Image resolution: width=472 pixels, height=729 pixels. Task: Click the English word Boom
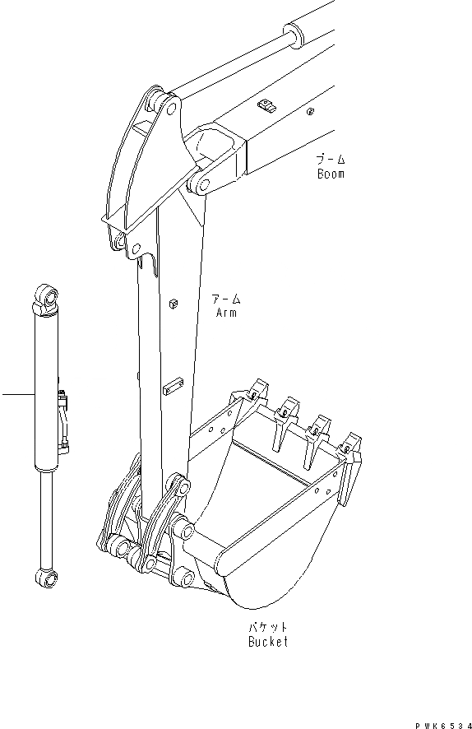331,174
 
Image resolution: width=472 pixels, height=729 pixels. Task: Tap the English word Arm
226,312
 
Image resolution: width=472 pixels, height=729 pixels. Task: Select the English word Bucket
268,642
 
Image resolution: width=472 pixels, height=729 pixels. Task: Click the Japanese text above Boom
331,159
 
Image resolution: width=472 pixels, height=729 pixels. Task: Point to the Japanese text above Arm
226,298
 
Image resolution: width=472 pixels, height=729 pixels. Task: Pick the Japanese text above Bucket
268,627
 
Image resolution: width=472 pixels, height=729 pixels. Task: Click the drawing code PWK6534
444,725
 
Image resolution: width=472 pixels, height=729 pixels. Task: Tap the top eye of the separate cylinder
46,295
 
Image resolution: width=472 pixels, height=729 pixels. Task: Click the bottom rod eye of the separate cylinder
47,578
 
